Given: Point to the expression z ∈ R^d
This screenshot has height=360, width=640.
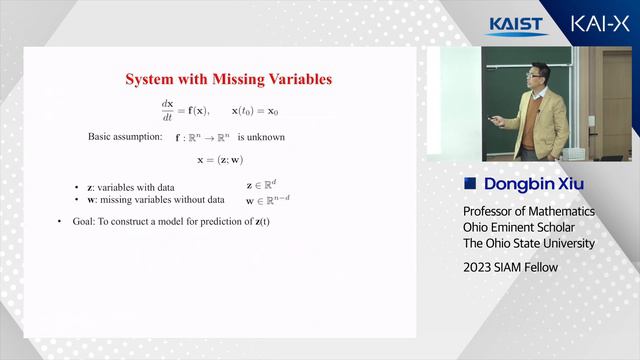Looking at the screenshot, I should (x=264, y=185).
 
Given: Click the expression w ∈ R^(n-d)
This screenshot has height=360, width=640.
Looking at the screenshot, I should (x=274, y=200).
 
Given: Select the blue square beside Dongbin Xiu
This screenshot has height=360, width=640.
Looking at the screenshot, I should (x=469, y=184).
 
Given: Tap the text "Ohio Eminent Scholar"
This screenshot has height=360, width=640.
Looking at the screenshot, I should (x=521, y=228).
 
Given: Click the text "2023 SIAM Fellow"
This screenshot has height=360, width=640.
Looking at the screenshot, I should (x=510, y=267).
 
